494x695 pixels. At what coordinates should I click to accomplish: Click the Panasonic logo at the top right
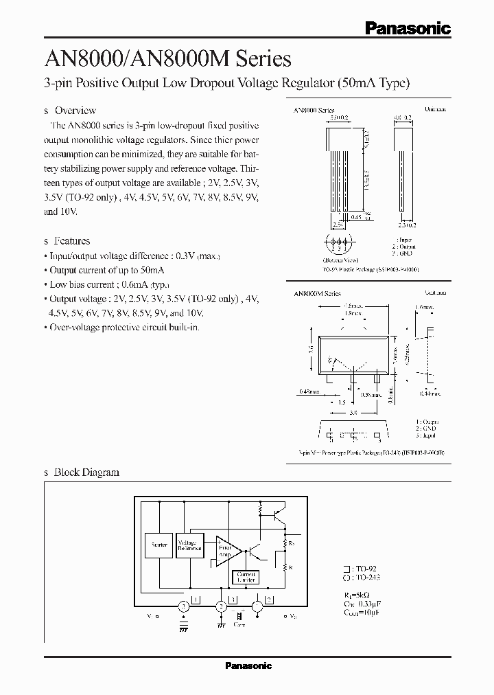pos(407,28)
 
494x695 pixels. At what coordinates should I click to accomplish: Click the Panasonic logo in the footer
pos(248,665)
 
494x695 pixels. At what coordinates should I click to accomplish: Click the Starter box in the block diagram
pos(159,545)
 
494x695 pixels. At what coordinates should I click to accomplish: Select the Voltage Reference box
pos(190,545)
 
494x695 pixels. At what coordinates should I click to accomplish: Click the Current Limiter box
pos(246,577)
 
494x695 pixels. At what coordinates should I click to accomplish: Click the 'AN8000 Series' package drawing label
pos(314,111)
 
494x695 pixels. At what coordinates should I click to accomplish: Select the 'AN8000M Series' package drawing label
pos(317,293)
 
